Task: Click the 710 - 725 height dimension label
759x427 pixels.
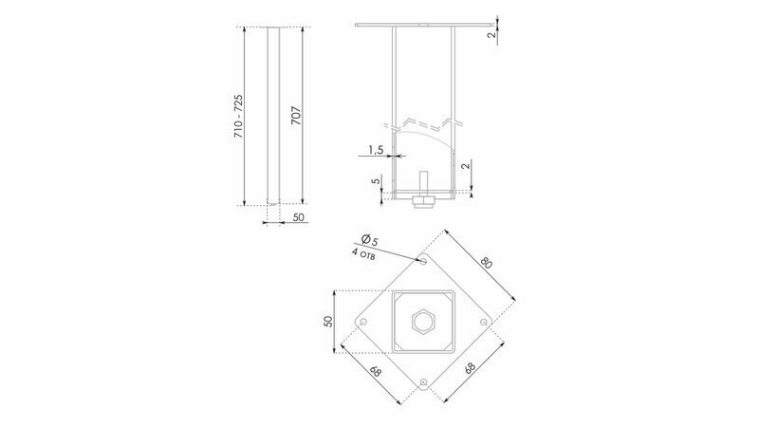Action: pos(238,116)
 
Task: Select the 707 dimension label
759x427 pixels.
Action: pos(296,116)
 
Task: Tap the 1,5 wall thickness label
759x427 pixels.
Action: pos(376,150)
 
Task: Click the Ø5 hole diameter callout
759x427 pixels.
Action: pos(370,239)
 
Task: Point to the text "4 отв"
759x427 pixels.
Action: pos(363,254)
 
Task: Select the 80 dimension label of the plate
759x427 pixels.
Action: pos(487,263)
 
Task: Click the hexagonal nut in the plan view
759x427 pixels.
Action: pos(424,322)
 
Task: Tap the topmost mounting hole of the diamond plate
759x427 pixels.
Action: pos(423,262)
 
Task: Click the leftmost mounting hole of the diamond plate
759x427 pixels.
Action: pos(363,322)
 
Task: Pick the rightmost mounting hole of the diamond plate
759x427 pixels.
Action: pos(484,322)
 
